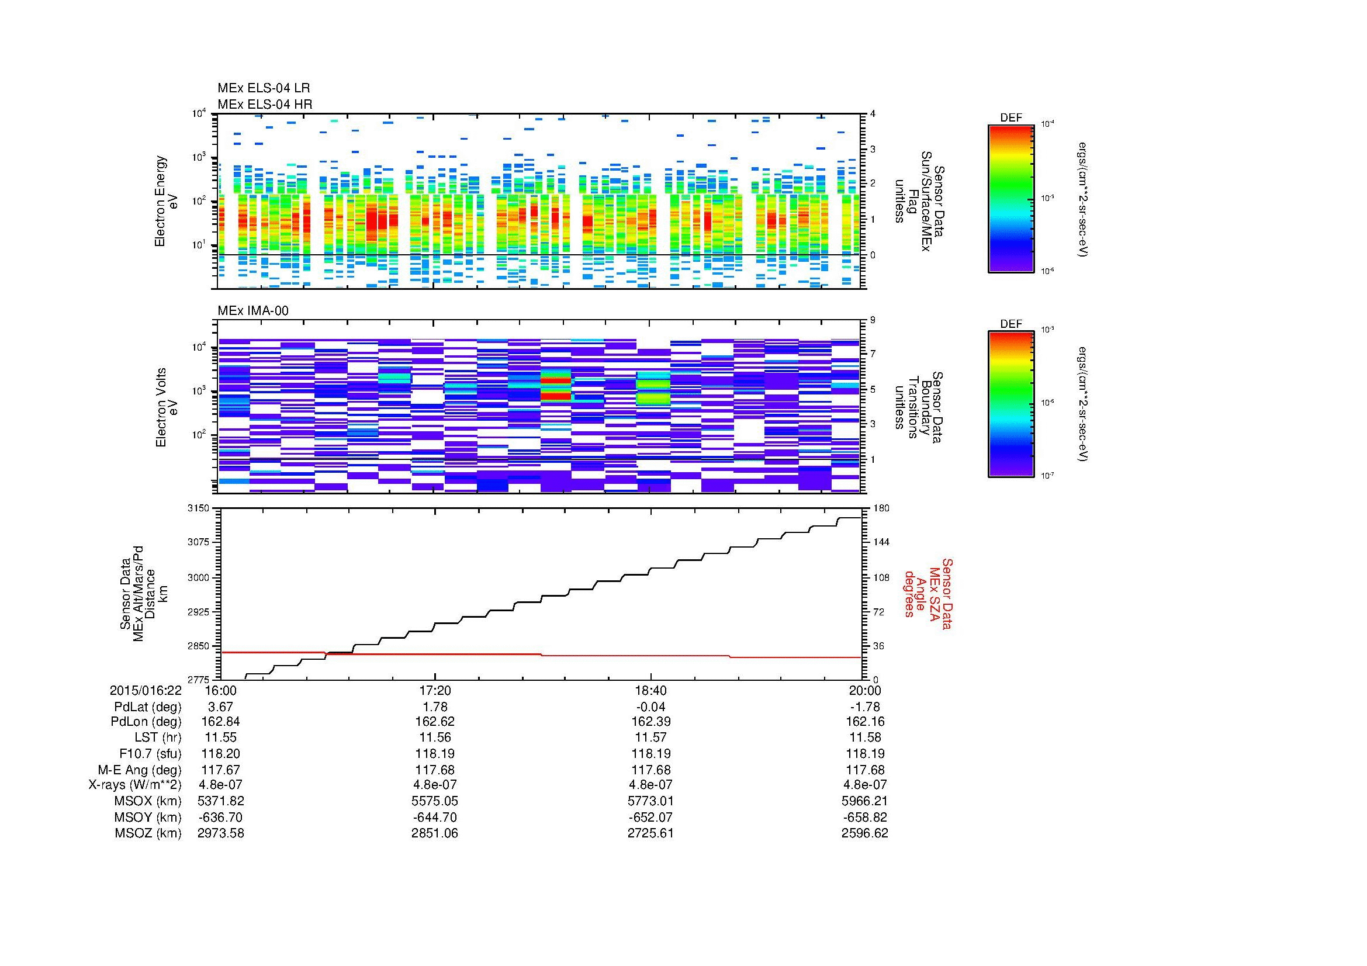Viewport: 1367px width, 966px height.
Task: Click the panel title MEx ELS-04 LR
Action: point(263,88)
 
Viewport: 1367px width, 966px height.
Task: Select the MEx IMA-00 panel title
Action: point(253,310)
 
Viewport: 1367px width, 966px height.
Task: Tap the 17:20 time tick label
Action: point(435,690)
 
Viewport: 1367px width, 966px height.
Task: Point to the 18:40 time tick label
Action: point(650,690)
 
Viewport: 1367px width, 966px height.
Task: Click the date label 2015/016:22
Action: point(146,690)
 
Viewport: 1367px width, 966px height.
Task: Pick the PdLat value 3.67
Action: point(220,707)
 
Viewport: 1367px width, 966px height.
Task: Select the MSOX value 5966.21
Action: point(864,801)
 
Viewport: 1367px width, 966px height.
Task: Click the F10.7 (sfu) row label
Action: point(150,753)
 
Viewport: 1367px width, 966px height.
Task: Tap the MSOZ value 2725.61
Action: point(650,833)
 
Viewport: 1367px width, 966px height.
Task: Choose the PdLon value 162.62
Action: point(435,721)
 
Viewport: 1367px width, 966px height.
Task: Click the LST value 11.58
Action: point(864,738)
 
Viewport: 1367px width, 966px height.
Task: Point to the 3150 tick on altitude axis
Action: point(198,508)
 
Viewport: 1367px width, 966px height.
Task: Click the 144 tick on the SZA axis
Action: point(881,542)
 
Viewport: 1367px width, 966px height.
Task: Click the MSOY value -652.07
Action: point(650,816)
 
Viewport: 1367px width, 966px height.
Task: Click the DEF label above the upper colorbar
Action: point(1011,118)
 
